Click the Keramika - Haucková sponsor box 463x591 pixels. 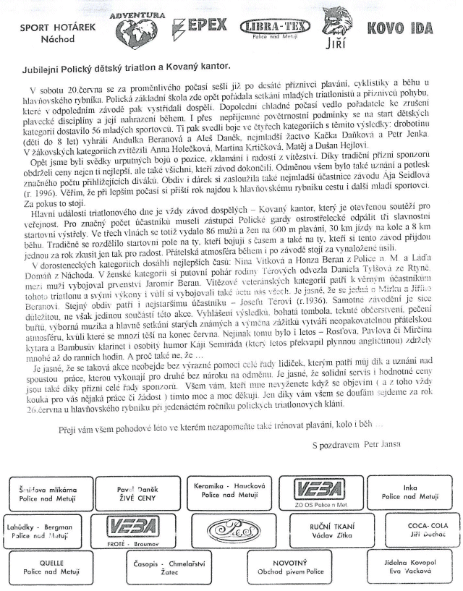[226, 493]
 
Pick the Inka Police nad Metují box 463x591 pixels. [410, 493]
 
